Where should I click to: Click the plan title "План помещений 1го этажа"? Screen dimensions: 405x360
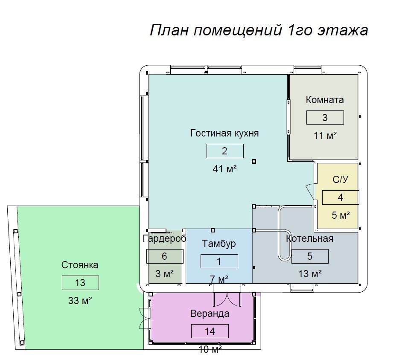click(x=259, y=30)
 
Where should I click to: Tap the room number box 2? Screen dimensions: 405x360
click(x=225, y=151)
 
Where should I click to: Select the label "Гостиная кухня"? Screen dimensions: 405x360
click(x=224, y=133)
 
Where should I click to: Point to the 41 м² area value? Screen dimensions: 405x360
click(x=225, y=169)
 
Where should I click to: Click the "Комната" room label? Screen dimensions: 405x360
click(x=325, y=100)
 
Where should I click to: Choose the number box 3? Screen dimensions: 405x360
click(x=325, y=117)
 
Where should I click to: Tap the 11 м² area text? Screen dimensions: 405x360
click(x=325, y=136)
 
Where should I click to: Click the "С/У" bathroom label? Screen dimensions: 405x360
click(x=341, y=179)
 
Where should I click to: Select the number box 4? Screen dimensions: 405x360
click(x=341, y=197)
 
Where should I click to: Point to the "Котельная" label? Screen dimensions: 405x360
click(x=309, y=238)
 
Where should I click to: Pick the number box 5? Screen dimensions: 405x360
click(x=310, y=256)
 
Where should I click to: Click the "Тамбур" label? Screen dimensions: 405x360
click(x=219, y=244)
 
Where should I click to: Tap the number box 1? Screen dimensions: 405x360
click(x=219, y=261)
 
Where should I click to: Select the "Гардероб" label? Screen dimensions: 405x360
click(x=165, y=238)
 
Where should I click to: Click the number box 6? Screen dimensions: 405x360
click(x=165, y=256)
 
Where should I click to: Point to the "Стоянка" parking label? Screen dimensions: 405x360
click(x=80, y=265)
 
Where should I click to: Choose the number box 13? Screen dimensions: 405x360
click(x=80, y=283)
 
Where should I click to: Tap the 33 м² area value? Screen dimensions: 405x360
click(x=80, y=301)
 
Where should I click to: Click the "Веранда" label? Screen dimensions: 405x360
click(x=210, y=314)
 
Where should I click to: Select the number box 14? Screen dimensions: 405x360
click(x=210, y=331)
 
